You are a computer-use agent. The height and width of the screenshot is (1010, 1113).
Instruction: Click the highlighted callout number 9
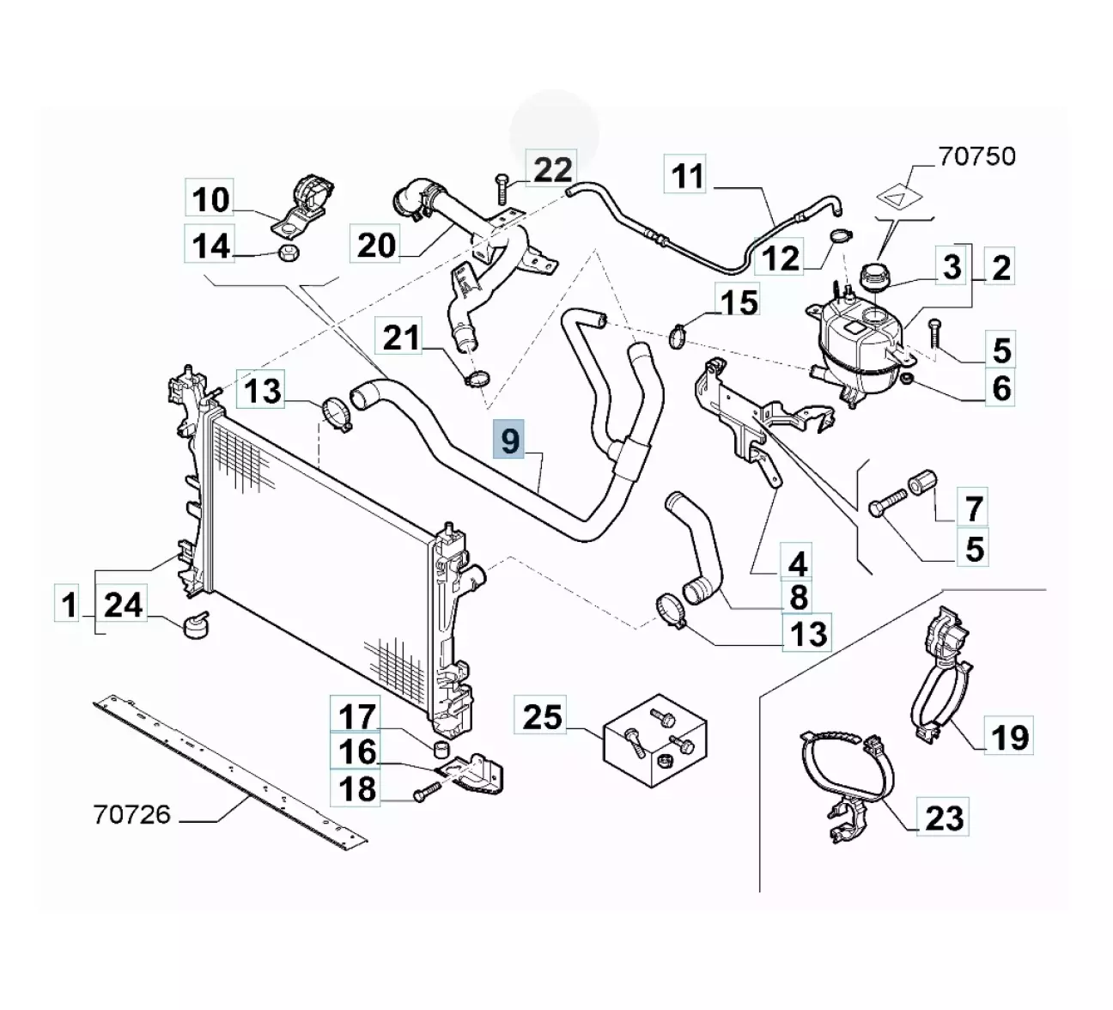[510, 441]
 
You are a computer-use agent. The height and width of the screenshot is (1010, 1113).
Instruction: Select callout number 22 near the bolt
[552, 169]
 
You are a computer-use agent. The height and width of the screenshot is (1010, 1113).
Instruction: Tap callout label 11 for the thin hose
[687, 176]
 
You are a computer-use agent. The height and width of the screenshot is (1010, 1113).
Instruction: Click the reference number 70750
[976, 156]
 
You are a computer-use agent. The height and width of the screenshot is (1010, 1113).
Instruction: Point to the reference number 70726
[131, 814]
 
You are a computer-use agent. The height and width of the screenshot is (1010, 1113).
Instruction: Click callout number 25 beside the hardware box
[542, 716]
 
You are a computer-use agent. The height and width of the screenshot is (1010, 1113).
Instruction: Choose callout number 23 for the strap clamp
[944, 818]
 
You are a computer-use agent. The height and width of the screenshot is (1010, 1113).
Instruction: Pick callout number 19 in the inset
[1009, 736]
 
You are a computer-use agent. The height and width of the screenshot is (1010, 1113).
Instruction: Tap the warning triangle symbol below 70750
[896, 197]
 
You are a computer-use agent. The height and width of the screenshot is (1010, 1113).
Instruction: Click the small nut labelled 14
[289, 253]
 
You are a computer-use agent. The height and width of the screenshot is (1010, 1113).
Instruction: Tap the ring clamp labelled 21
[475, 377]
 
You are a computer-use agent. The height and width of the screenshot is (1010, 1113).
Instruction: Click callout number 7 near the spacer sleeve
[973, 508]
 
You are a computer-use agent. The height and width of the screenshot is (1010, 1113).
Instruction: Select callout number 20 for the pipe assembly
[376, 246]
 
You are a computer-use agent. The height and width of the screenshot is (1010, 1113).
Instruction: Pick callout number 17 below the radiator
[356, 715]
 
